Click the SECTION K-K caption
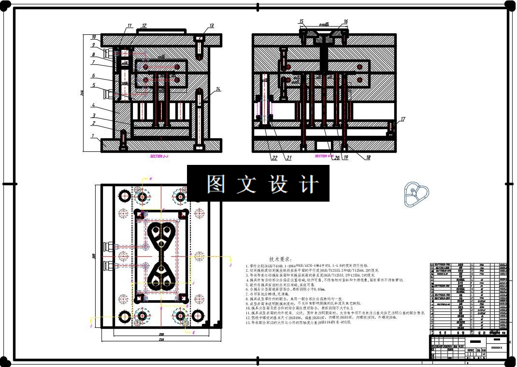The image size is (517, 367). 324,156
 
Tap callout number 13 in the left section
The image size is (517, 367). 211,26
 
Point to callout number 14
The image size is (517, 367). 218,89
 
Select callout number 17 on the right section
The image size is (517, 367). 403,119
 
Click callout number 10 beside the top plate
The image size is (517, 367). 94,37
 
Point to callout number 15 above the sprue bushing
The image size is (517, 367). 301,22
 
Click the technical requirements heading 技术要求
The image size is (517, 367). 284,260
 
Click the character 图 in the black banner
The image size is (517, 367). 215,184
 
